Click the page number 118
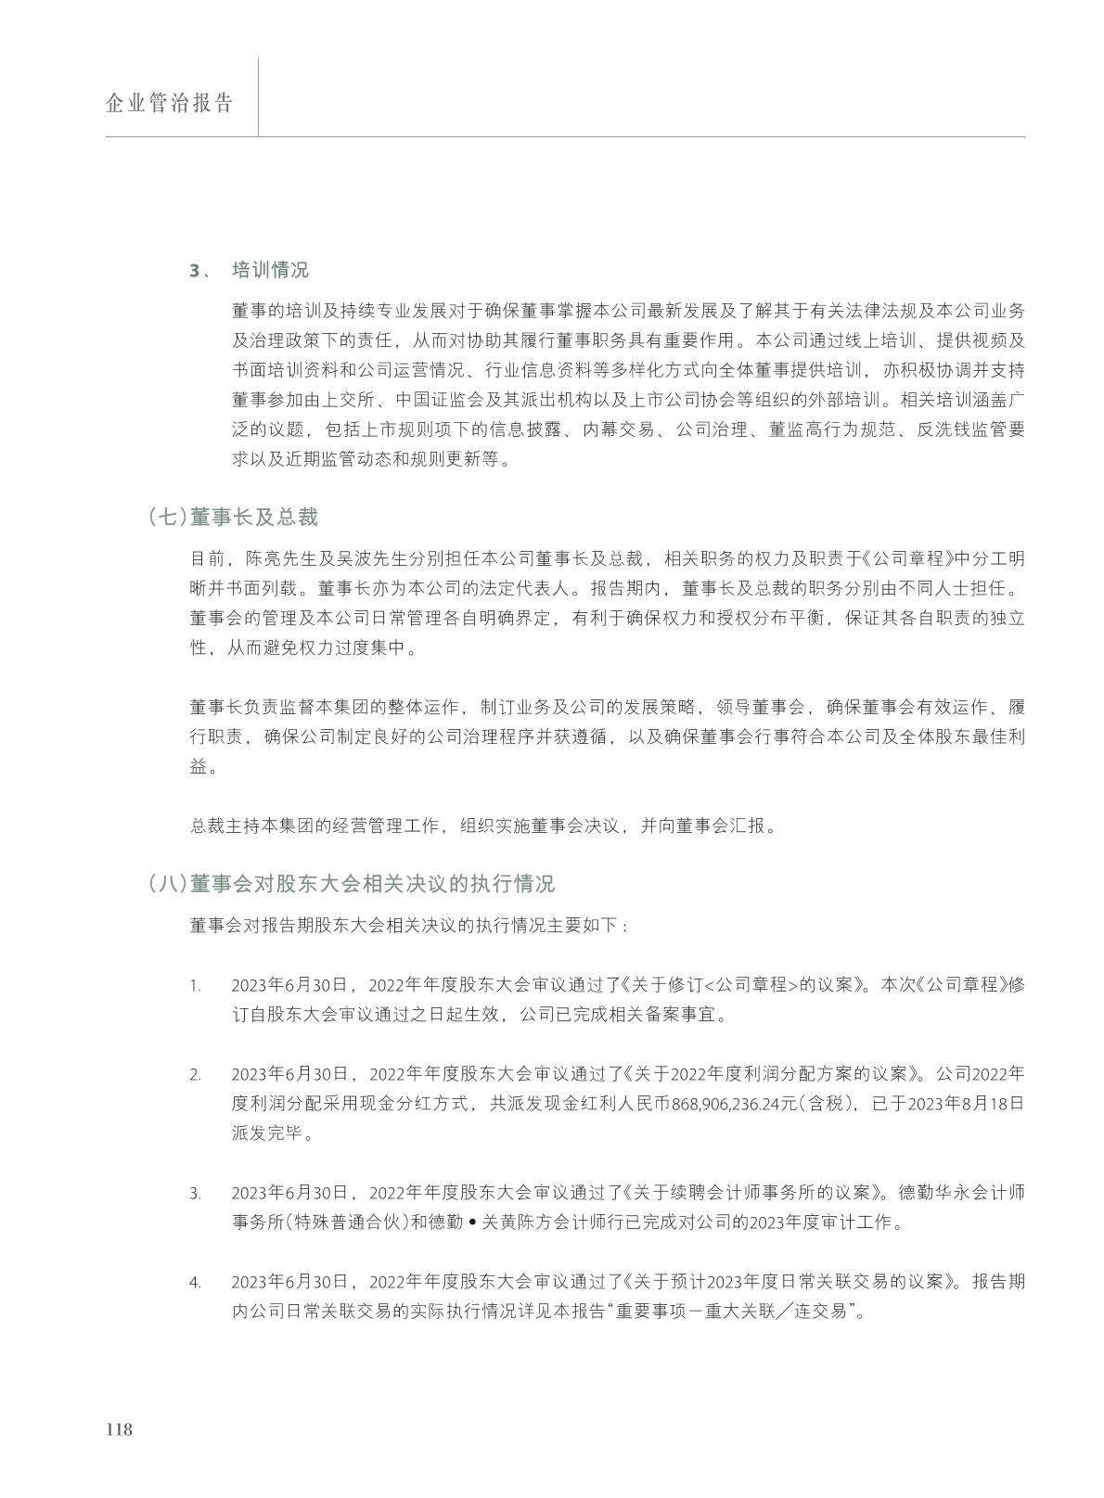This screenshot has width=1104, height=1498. [x=119, y=1429]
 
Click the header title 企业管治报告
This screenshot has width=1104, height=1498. [x=169, y=103]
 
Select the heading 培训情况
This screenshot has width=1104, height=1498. [x=270, y=270]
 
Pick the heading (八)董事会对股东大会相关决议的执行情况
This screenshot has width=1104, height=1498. [x=351, y=884]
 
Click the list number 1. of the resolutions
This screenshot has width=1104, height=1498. [x=195, y=985]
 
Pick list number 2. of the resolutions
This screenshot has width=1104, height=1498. [x=195, y=1075]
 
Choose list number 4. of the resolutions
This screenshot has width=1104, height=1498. [x=195, y=1283]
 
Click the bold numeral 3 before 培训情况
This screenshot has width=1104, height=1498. [x=195, y=271]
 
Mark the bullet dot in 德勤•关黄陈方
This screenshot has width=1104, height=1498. [x=472, y=1223]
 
